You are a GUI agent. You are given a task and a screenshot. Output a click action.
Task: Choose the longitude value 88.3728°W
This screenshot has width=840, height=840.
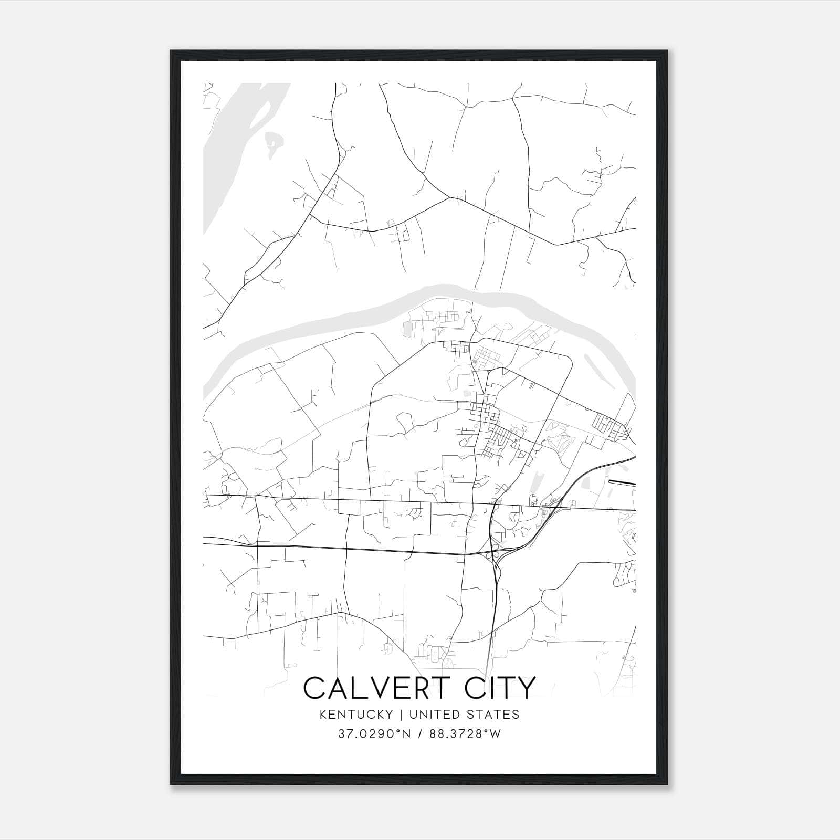(x=465, y=734)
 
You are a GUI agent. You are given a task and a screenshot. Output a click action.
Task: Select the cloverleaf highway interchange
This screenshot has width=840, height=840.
(x=493, y=552)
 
